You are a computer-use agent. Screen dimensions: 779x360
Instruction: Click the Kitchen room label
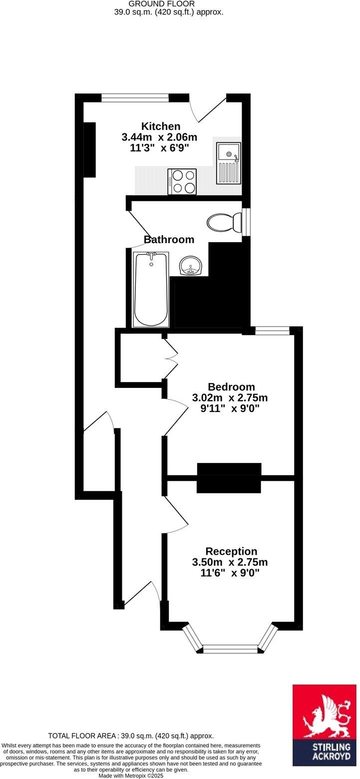[x=160, y=126]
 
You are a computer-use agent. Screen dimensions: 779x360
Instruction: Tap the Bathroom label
[x=169, y=240]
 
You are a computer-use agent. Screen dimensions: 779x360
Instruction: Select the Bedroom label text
[x=231, y=387]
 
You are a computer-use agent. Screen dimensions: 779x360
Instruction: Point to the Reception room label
[x=232, y=551]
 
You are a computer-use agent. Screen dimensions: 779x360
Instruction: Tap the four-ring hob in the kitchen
[x=182, y=181]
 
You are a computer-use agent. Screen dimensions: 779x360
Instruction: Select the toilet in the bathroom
[x=224, y=222]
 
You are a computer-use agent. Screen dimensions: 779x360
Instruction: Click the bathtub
[x=151, y=290]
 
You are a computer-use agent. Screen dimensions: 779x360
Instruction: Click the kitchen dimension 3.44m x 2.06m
[x=159, y=137]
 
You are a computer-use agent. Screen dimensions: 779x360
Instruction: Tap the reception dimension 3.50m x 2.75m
[x=233, y=562]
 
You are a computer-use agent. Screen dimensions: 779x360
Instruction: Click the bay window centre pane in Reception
[x=230, y=649]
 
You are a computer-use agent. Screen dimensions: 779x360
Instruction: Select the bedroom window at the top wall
[x=272, y=330]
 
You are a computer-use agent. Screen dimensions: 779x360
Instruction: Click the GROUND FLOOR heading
[x=168, y=4]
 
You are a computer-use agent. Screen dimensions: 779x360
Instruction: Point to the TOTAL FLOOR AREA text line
[x=131, y=736]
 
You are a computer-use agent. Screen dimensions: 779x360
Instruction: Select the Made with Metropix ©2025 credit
[x=131, y=776]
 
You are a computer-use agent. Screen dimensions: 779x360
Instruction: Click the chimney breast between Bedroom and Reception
[x=229, y=478]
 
